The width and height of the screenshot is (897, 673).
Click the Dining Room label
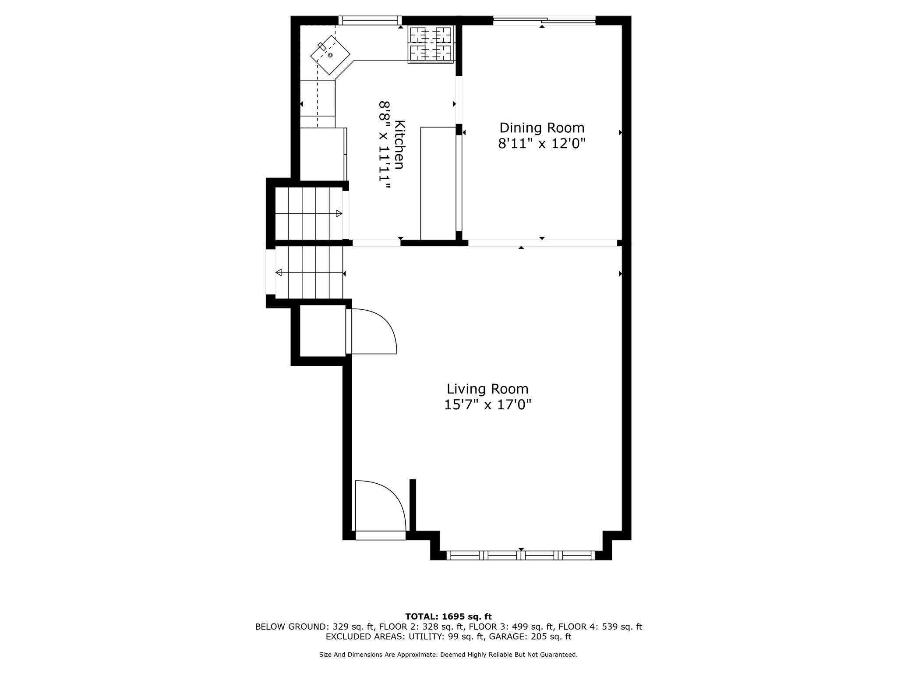(x=542, y=128)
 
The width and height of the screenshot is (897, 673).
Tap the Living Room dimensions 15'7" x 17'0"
(x=487, y=404)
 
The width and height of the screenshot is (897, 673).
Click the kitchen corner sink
(x=330, y=55)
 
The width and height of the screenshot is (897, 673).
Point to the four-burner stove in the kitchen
(x=431, y=44)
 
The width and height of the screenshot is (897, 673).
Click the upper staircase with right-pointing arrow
(x=308, y=213)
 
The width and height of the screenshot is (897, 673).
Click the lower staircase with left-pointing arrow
(x=309, y=273)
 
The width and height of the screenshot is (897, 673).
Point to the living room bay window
(x=521, y=556)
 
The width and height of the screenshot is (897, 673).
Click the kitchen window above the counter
(x=370, y=20)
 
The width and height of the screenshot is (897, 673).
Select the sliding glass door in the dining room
(x=544, y=20)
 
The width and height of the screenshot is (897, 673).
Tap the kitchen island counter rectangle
(x=438, y=183)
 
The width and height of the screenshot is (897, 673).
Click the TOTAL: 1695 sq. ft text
(x=448, y=617)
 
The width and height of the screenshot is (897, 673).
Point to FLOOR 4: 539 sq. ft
(x=600, y=627)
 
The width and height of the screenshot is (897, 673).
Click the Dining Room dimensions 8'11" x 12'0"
(x=542, y=144)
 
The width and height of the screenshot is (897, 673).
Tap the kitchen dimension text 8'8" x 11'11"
(x=384, y=145)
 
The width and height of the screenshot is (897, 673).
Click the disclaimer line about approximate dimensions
(x=448, y=655)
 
